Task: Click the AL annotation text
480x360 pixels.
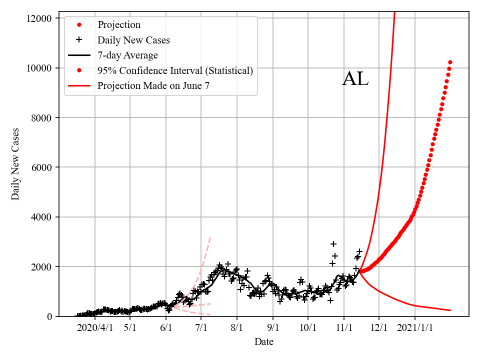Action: coord(355,79)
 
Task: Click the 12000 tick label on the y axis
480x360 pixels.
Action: coord(40,18)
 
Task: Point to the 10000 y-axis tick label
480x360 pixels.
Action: coord(40,68)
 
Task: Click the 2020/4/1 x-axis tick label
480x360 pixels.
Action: coord(95,328)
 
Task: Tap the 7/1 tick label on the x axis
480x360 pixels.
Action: coord(201,328)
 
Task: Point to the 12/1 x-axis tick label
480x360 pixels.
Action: coord(379,328)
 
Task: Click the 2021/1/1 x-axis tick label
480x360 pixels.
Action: coord(415,328)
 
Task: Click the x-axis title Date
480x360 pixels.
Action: coord(263,342)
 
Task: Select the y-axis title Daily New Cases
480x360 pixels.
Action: coord(15,164)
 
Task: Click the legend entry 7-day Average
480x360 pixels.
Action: coord(127,55)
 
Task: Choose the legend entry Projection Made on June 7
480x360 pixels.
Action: coord(153,85)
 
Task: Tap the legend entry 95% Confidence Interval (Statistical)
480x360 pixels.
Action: coord(175,70)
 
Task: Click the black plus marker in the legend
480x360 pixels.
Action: coord(79,40)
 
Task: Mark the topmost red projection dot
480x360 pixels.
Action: coord(450,62)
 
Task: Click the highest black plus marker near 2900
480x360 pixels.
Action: coord(333,244)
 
